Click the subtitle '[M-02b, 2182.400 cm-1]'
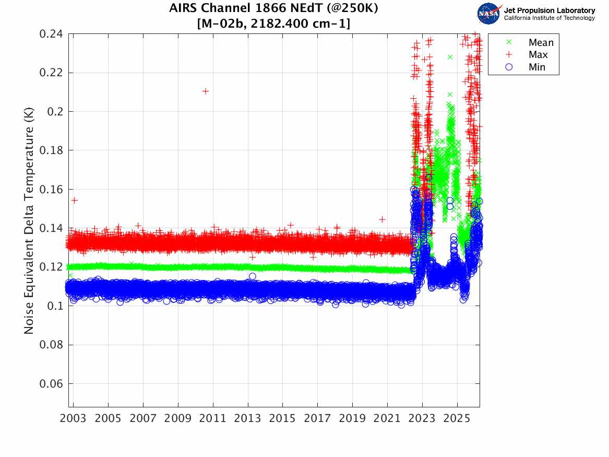click(274, 23)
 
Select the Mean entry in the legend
click(541, 43)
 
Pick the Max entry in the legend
click(538, 55)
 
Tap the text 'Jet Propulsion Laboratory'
click(549, 10)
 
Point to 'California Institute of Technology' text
click(549, 18)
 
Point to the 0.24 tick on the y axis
click(51, 34)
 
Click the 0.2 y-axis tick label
click(54, 112)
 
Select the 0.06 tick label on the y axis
click(51, 384)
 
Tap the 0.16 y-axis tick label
click(51, 190)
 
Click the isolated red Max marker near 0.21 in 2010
click(206, 91)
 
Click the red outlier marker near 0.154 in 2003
click(74, 200)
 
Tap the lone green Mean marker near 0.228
click(450, 57)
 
